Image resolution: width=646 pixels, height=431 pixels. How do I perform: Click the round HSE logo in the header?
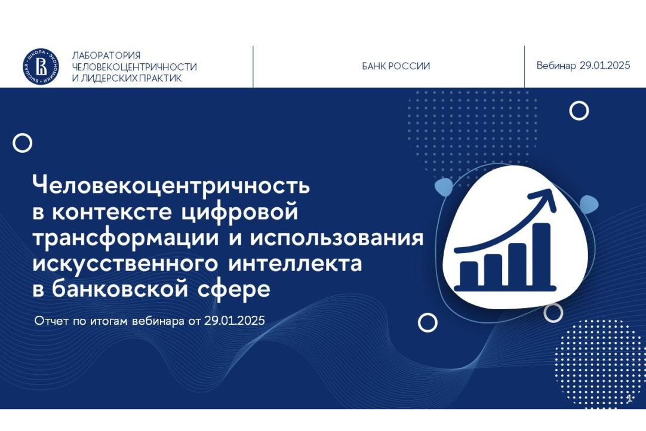(41, 67)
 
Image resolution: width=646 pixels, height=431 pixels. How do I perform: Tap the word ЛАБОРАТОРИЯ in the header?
(106, 56)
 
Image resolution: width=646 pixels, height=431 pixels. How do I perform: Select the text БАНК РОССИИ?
(396, 66)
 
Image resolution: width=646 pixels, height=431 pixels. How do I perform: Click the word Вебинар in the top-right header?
(556, 66)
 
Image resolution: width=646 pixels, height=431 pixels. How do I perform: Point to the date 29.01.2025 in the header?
(605, 66)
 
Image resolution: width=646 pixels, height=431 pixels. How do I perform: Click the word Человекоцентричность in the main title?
(171, 186)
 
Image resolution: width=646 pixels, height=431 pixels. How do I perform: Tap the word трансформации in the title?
(125, 238)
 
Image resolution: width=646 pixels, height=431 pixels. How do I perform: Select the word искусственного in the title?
(125, 264)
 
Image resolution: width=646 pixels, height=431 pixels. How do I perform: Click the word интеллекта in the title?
(295, 264)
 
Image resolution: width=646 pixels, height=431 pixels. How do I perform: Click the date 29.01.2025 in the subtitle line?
(235, 321)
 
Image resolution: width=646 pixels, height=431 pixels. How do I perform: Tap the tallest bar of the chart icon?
(542, 254)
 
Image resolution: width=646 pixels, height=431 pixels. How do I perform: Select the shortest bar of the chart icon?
(469, 273)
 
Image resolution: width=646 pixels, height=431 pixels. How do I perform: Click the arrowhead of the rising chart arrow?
(547, 199)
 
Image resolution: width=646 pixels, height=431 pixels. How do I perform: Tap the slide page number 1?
(629, 398)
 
